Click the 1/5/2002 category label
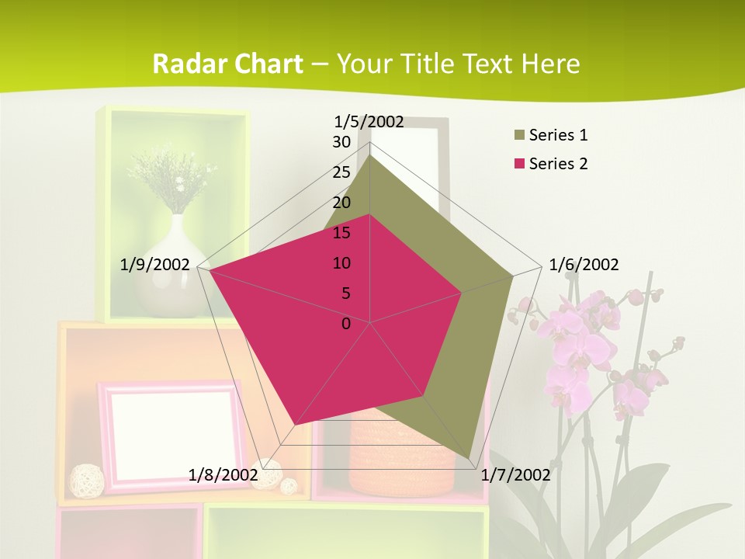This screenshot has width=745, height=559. coord(369,121)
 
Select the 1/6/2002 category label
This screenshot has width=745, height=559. coord(584,265)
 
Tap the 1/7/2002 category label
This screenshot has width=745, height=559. coord(515,475)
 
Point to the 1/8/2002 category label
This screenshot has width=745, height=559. coord(223,475)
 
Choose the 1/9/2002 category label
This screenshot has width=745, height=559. coord(154,265)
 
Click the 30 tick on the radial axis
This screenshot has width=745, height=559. coord(341,142)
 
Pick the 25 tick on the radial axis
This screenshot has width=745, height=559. coord(341,172)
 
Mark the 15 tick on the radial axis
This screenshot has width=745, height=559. coord(341,233)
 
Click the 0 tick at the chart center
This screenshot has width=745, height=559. coord(346,324)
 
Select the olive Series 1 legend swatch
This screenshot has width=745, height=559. coord(519,136)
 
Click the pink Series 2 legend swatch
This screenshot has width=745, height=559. coord(519,164)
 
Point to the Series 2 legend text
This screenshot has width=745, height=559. coord(558,164)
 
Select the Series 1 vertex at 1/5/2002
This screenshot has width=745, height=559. coord(370,154)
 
